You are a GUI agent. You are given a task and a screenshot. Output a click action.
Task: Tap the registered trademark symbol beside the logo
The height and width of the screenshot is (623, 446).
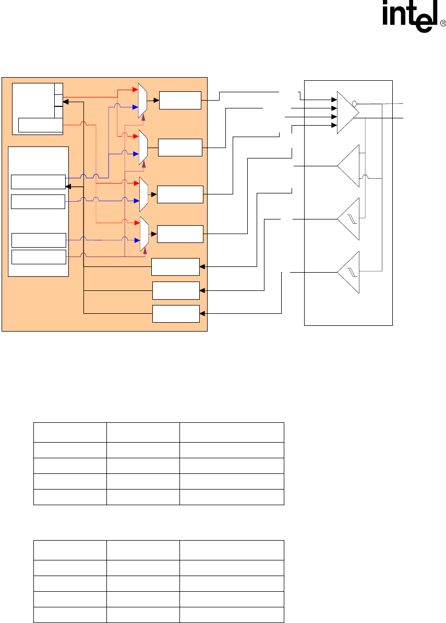point(443,23)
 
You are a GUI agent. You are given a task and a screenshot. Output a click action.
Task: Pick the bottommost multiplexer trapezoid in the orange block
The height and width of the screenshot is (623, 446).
point(144,234)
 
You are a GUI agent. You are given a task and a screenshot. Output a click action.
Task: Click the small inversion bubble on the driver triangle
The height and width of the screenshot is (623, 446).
point(355,104)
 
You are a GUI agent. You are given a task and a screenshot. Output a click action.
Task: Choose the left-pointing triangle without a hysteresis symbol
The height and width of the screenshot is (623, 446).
point(349,166)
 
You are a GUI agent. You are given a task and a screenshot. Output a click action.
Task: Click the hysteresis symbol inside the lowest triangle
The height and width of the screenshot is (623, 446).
point(352,273)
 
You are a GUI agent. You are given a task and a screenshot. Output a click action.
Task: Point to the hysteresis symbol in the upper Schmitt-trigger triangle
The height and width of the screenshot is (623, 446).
point(352,219)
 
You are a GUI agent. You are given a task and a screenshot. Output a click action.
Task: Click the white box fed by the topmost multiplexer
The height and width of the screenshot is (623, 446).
point(180,100)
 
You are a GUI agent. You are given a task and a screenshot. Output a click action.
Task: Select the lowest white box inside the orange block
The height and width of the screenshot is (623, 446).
point(176,314)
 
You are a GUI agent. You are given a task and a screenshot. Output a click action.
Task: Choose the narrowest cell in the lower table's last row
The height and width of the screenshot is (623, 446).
point(143,615)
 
